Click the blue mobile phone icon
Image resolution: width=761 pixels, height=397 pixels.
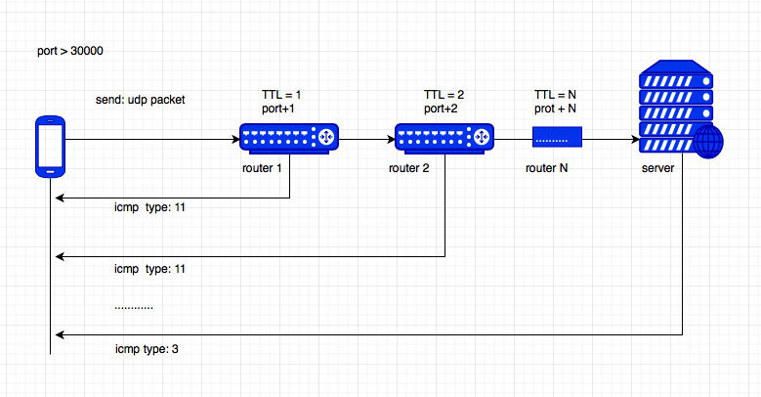[51, 147]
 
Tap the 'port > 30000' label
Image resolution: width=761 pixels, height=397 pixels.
[70, 51]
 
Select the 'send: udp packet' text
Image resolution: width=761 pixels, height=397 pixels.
[141, 100]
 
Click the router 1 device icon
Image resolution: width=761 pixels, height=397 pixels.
[289, 139]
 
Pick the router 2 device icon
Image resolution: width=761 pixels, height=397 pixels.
[444, 139]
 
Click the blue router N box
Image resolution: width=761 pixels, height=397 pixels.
[557, 137]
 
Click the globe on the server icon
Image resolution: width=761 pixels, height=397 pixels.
[708, 143]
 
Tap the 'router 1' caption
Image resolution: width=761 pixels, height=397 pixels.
[262, 168]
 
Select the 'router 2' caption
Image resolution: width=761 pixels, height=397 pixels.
[409, 168]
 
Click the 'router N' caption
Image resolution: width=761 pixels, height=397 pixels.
[546, 168]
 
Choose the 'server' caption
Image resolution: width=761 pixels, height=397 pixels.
[658, 168]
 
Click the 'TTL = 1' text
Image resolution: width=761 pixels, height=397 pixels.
[281, 95]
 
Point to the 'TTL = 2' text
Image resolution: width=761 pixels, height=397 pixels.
[444, 95]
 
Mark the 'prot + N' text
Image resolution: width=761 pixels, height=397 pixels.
[555, 109]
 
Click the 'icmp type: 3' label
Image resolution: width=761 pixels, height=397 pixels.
[147, 349]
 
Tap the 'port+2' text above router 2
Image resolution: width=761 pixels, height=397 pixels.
[441, 109]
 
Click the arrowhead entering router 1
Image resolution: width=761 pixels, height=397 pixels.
[235, 140]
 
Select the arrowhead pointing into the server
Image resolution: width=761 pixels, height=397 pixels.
[635, 140]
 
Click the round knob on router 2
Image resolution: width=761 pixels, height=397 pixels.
[481, 138]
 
